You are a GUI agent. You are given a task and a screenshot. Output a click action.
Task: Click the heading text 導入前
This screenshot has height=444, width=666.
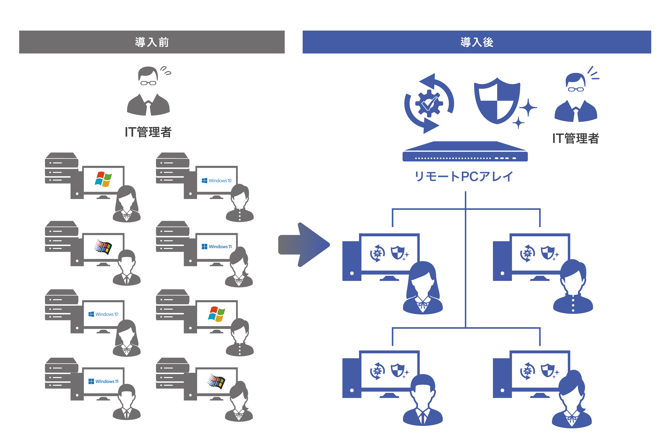click(x=152, y=42)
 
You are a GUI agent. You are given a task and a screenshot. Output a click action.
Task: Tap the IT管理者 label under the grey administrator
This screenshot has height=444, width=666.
click(x=148, y=132)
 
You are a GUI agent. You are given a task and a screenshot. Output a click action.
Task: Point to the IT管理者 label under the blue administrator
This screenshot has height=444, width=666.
click(x=575, y=138)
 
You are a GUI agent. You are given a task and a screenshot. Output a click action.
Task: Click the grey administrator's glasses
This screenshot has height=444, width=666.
click(x=148, y=83)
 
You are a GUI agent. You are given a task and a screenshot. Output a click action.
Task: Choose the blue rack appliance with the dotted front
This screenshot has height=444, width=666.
click(x=465, y=153)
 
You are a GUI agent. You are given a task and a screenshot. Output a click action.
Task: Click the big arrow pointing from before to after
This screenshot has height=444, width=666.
click(x=304, y=245)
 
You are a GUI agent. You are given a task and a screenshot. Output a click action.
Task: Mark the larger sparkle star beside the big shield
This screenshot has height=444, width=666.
click(x=528, y=108)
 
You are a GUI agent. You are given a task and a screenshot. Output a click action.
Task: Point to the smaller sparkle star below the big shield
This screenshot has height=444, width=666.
click(x=518, y=123)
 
